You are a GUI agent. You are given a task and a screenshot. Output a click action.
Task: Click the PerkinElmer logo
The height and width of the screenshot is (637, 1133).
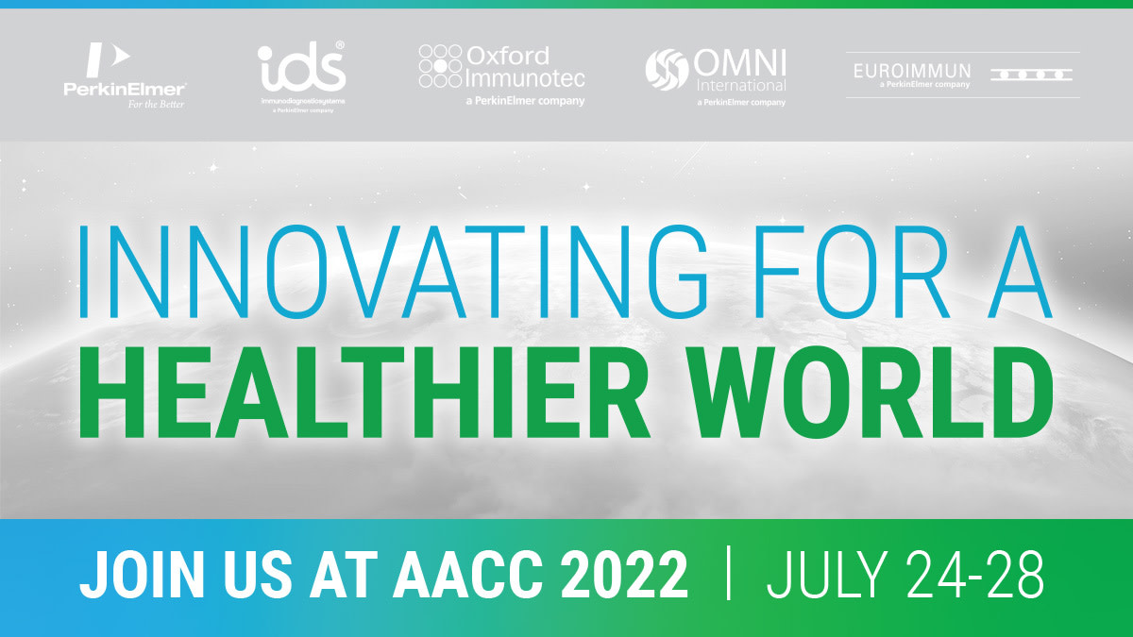[124, 75]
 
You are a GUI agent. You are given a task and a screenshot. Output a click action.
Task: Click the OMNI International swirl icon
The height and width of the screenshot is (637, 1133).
[668, 69]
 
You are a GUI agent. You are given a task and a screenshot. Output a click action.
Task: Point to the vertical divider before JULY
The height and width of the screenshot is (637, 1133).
[728, 574]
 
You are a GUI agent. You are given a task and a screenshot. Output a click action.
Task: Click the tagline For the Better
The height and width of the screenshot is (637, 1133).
[156, 104]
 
